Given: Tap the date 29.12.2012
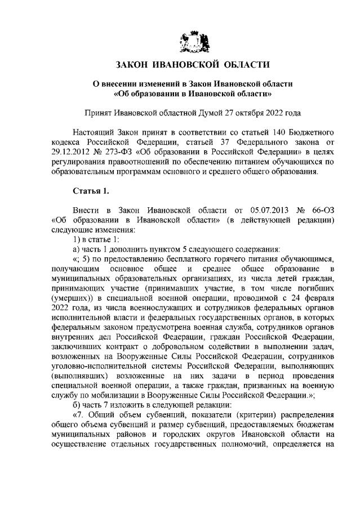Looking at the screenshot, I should [70, 151].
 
